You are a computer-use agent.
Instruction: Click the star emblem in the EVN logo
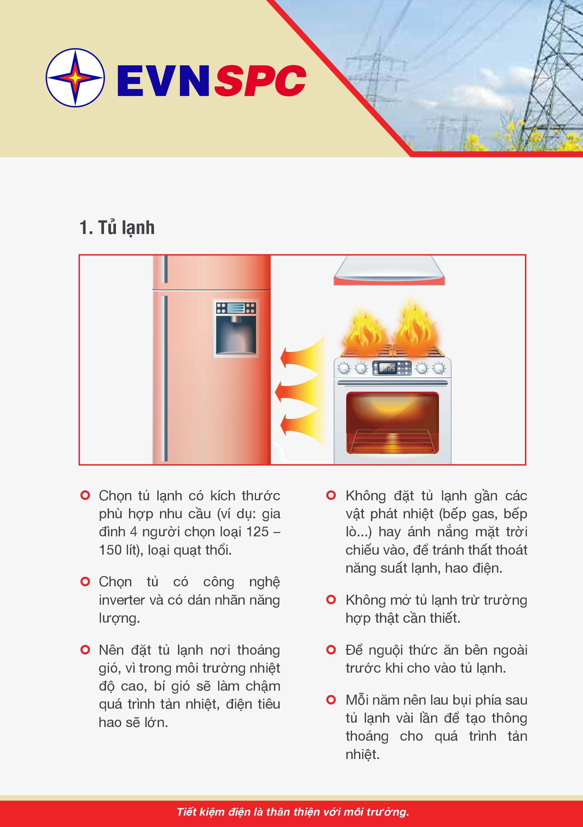75,77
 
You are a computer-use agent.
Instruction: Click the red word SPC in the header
260,81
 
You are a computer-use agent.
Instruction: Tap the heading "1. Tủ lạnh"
117,228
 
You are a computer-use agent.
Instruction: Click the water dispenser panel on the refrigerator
236,328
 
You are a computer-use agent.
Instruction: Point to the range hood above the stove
389,270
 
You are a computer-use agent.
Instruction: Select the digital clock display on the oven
387,368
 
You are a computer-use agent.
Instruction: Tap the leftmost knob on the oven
344,368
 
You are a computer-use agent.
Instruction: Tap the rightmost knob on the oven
439,368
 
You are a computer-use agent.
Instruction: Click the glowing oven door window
393,423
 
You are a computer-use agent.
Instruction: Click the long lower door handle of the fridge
164,378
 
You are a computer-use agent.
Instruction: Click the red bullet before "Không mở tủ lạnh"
331,600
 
